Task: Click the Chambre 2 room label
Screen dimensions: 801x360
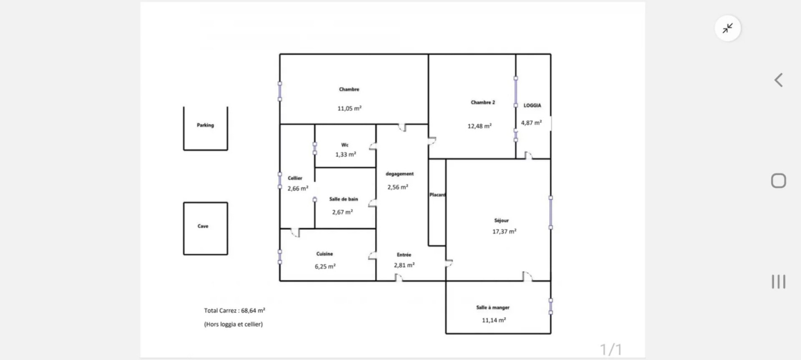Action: point(483,103)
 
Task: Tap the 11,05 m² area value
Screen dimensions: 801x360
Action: point(349,108)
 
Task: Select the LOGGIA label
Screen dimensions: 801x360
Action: point(533,106)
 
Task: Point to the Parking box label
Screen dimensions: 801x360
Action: point(205,125)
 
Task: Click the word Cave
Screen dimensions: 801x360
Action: point(203,226)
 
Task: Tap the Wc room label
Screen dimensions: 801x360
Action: point(345,145)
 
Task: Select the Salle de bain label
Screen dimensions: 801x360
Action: point(343,199)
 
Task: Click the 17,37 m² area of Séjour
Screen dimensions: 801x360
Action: point(504,231)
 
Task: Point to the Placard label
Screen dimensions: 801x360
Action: point(438,195)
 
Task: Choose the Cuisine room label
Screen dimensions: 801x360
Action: point(324,254)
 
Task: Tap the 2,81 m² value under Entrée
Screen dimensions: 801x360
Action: point(404,265)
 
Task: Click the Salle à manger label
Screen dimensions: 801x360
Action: point(493,307)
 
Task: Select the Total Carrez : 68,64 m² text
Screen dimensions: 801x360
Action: point(235,310)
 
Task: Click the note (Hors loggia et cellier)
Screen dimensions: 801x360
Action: point(233,324)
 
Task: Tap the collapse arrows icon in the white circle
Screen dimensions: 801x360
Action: point(728,28)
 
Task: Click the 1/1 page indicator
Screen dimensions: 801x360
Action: point(611,349)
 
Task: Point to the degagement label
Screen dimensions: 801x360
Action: point(399,174)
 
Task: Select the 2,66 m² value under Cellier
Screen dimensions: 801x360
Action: point(298,188)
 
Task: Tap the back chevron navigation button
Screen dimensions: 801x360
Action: point(778,80)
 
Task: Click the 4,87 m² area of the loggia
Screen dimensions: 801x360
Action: point(531,123)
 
